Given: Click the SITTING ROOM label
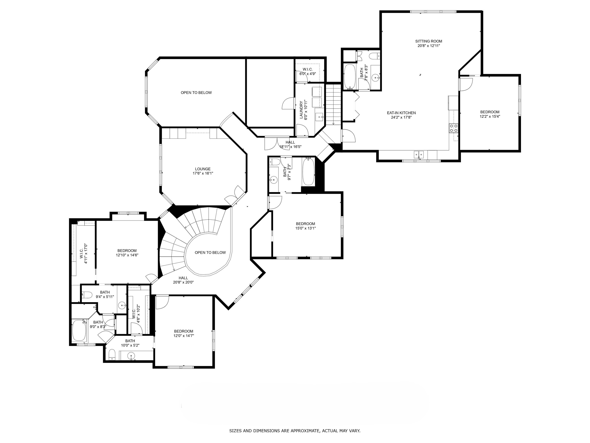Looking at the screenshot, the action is [x=429, y=41].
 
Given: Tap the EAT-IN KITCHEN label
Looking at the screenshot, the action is [x=401, y=113].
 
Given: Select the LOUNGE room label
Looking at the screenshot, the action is [x=203, y=169].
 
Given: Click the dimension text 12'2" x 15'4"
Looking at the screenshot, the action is [x=490, y=116].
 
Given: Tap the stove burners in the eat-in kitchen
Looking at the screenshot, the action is [x=454, y=128].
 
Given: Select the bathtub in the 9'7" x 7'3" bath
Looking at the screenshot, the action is [x=309, y=171].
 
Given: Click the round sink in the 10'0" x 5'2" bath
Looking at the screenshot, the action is [x=131, y=356].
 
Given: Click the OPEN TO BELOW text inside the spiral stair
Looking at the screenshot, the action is [x=210, y=253].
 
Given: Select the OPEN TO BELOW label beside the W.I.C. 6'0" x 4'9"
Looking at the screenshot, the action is [x=196, y=93].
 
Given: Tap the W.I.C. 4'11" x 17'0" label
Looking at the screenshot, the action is [x=84, y=254].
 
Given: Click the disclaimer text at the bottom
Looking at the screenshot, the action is [x=295, y=423].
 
